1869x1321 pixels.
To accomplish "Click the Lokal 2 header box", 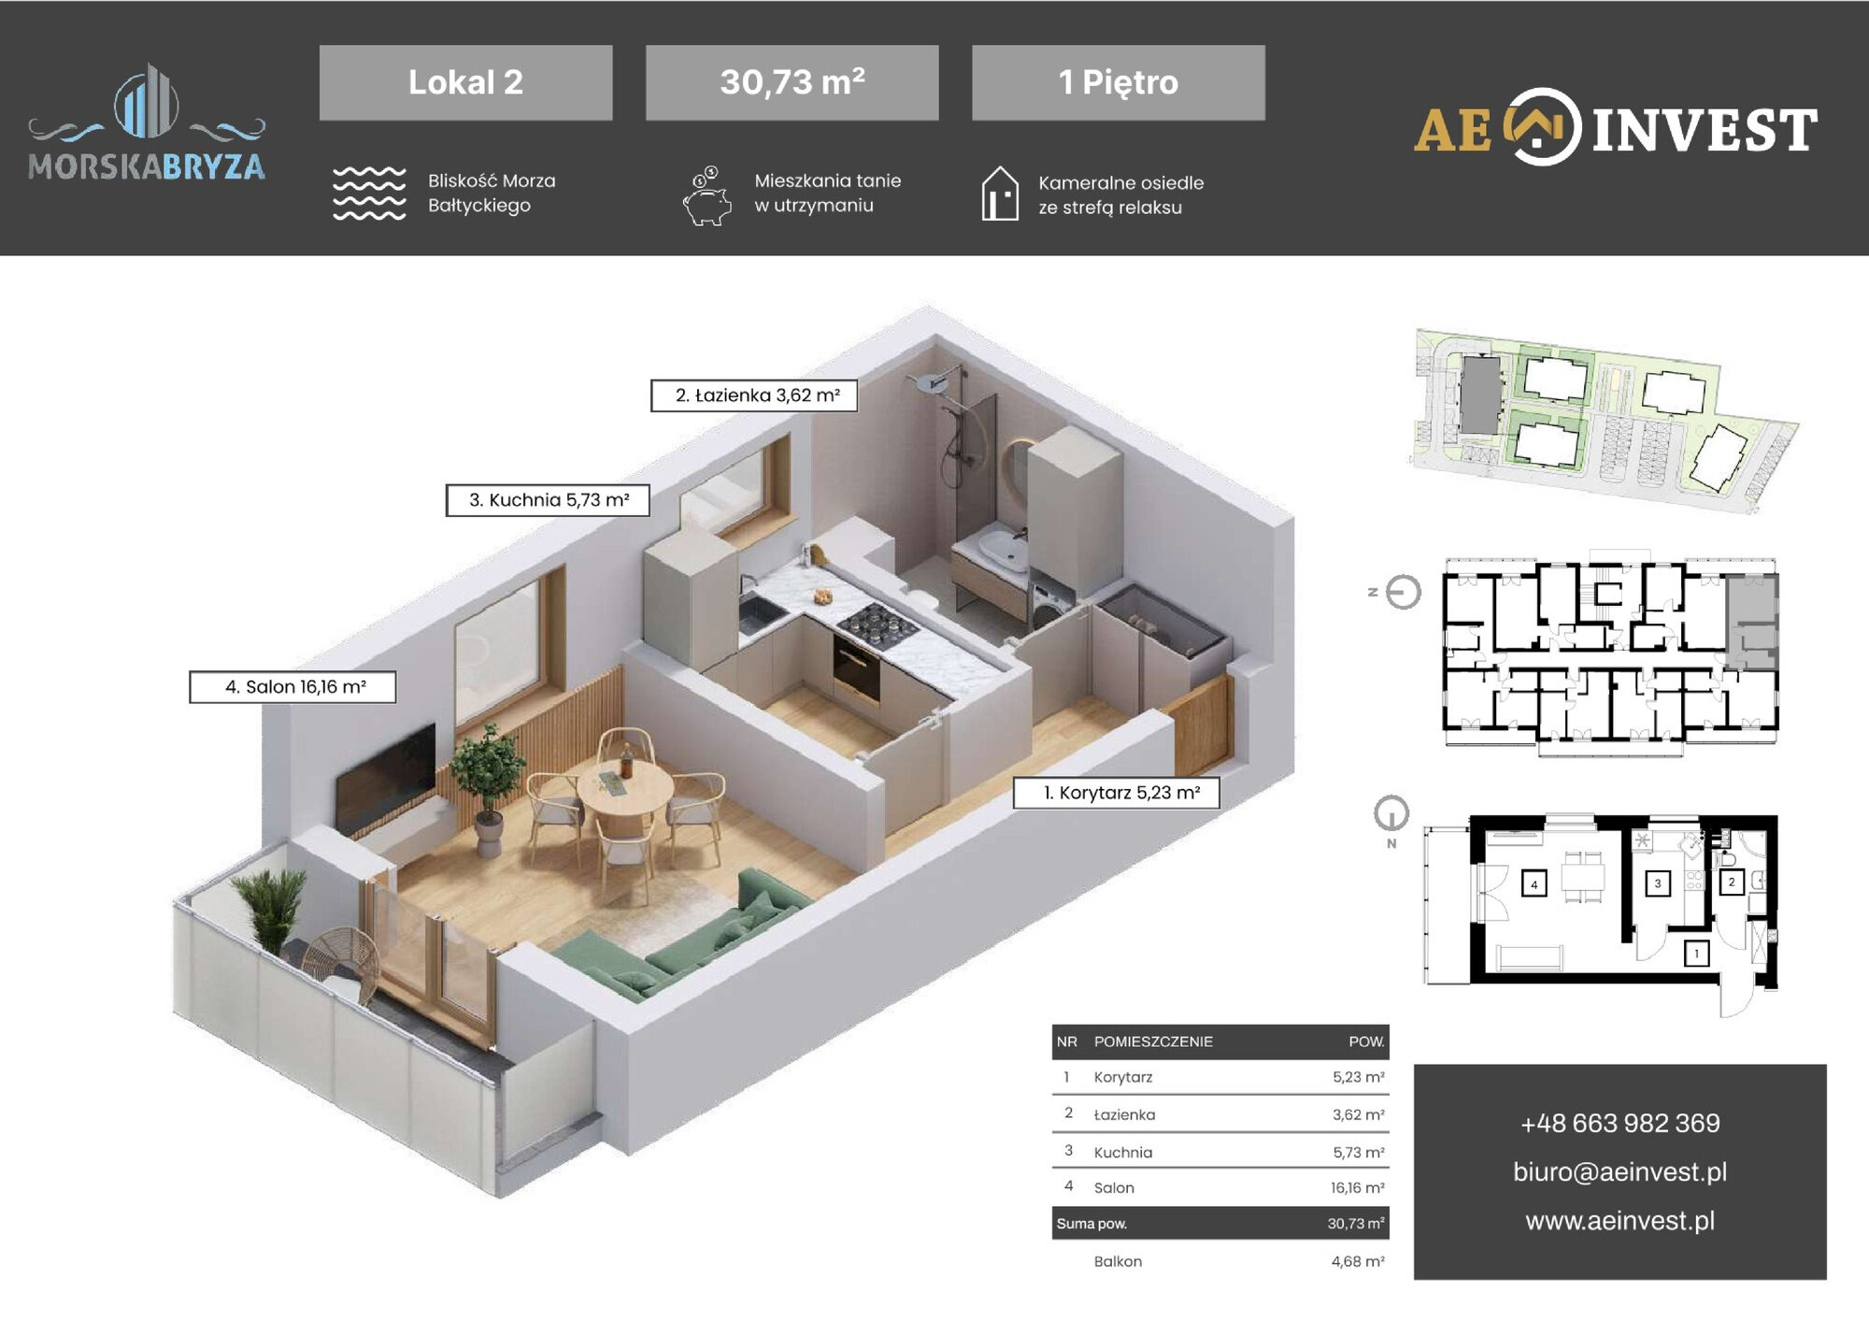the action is [x=465, y=82].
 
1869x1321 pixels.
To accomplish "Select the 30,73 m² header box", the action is [x=792, y=82].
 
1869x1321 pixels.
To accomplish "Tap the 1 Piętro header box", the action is [x=1119, y=82].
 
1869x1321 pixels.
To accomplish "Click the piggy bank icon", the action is [x=707, y=196].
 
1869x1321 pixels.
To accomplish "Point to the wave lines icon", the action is [x=369, y=194].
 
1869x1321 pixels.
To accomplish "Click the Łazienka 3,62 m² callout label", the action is [x=754, y=395].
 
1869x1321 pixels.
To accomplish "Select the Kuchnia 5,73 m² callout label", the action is [x=548, y=500].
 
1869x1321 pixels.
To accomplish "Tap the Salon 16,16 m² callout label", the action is [x=292, y=687].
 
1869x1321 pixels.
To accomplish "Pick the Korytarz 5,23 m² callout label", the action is [x=1117, y=793].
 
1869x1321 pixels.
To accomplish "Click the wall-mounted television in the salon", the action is [x=385, y=778].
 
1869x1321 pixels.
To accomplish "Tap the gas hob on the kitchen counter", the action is [x=877, y=625].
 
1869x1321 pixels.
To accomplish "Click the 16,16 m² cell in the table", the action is [x=1358, y=1188].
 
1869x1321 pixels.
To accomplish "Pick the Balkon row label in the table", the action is [x=1118, y=1262].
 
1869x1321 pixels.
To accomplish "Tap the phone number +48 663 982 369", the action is [x=1619, y=1123].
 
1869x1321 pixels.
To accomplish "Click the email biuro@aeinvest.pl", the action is [x=1619, y=1172].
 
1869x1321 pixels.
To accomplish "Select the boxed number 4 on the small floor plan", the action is [x=1534, y=883].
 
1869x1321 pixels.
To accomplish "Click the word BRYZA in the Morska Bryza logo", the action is [x=213, y=166].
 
